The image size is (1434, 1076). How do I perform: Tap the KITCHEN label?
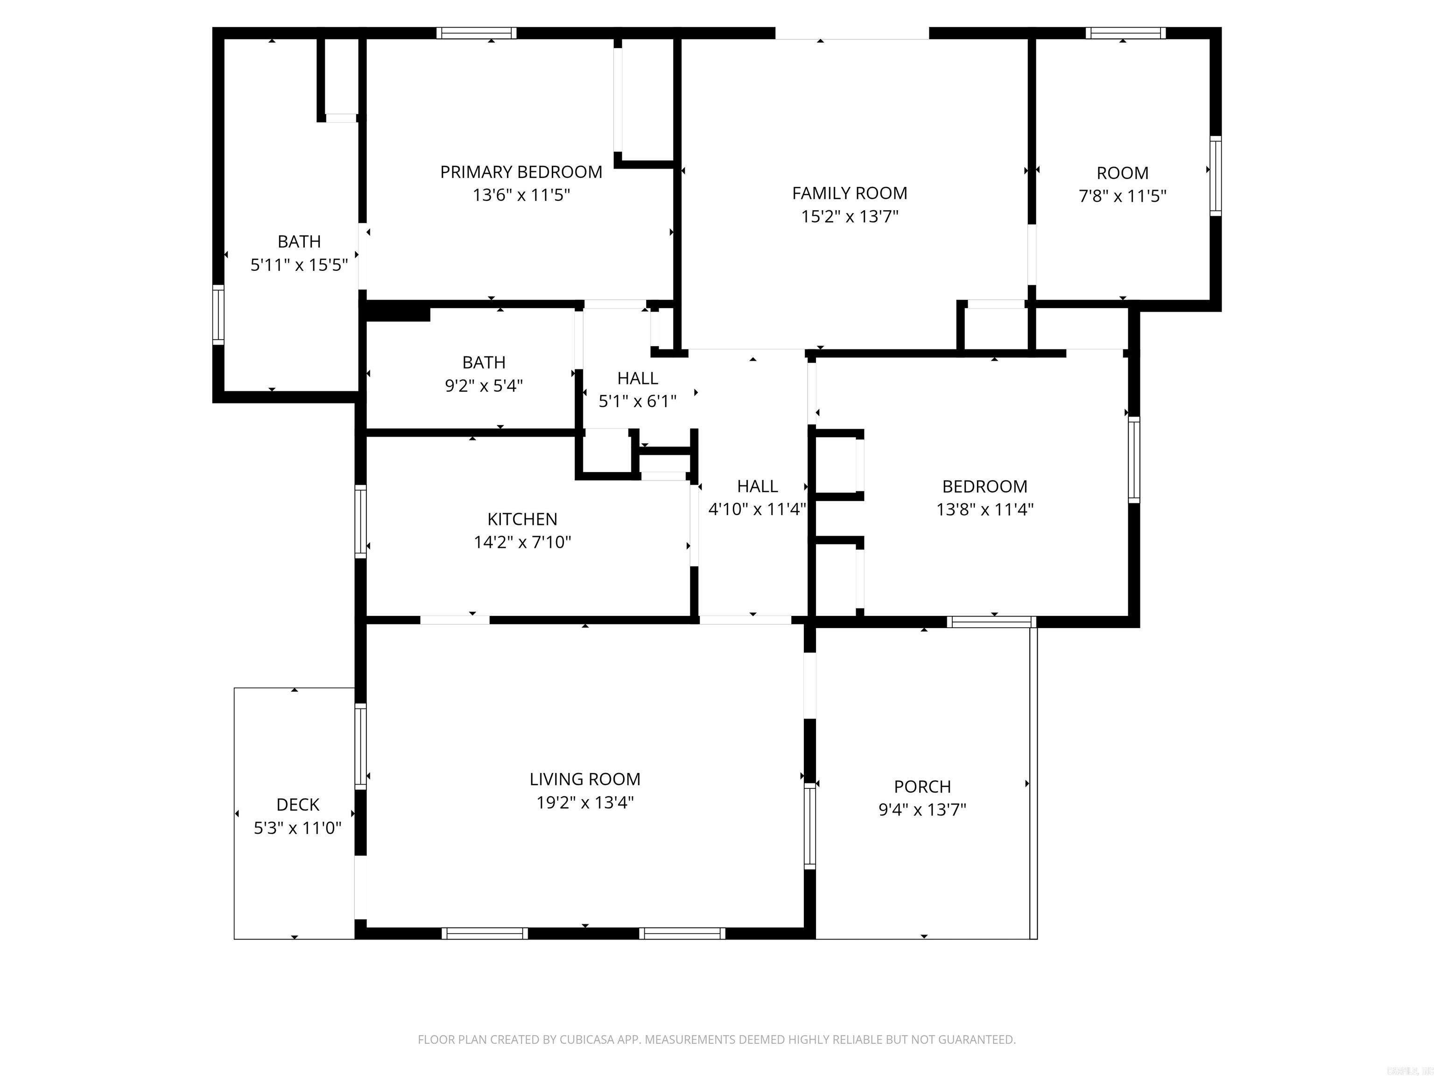click(x=522, y=519)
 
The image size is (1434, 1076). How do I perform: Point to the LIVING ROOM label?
click(x=585, y=779)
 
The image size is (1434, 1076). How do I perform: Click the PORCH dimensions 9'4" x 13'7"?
click(x=922, y=809)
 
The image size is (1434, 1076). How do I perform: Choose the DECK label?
click(x=297, y=804)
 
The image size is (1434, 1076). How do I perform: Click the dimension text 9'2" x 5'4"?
click(x=484, y=386)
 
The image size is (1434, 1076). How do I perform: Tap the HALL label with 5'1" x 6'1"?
click(x=637, y=378)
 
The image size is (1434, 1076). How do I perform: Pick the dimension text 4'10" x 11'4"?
click(x=757, y=509)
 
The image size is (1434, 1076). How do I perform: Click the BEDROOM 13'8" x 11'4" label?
click(x=984, y=487)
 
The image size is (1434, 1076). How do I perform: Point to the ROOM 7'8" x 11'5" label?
click(x=1122, y=173)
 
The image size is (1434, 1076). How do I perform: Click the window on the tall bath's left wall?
click(x=218, y=315)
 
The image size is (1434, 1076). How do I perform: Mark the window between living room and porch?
click(x=810, y=825)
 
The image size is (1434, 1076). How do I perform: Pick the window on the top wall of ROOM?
click(x=1125, y=33)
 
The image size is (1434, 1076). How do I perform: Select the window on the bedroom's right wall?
click(x=1134, y=459)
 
